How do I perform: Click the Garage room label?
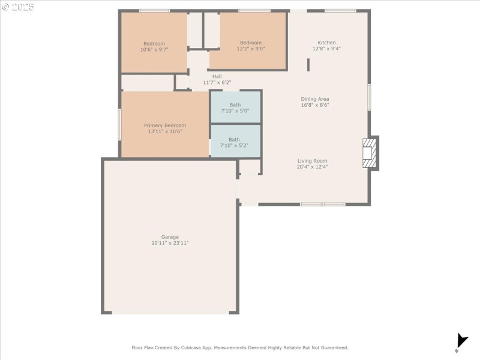click(170, 237)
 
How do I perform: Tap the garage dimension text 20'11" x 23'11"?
click(170, 243)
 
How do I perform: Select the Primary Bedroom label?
click(165, 125)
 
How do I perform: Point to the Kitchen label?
click(326, 43)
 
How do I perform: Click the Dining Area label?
click(315, 99)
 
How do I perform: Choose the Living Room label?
click(312, 161)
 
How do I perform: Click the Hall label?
click(217, 76)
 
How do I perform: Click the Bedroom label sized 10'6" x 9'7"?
click(154, 43)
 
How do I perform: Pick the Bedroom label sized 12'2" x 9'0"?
click(251, 43)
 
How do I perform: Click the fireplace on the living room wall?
click(371, 153)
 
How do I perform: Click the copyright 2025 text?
click(18, 7)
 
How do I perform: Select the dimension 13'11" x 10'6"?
click(165, 131)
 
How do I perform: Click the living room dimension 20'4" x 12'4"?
click(312, 167)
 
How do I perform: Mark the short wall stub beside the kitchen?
click(308, 65)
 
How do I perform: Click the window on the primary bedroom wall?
click(120, 125)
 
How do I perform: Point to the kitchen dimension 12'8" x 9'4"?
click(326, 49)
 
